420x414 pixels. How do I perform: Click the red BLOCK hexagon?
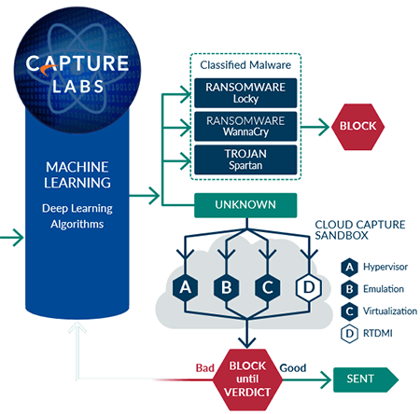[x=357, y=127]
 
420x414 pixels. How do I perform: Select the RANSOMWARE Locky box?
[x=245, y=93]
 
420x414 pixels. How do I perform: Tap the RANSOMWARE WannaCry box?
[x=245, y=127]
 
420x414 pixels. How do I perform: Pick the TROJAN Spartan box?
[x=245, y=159]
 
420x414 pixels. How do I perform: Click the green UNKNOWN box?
[x=245, y=205]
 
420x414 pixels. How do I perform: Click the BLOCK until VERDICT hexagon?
[x=247, y=379]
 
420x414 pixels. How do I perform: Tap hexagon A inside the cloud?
[x=186, y=287]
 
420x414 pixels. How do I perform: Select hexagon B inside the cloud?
[x=227, y=287]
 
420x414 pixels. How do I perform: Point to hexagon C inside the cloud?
[x=268, y=287]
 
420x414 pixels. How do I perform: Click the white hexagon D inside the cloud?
[x=309, y=287]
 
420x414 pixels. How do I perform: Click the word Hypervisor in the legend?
[x=385, y=267]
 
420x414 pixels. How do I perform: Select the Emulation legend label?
[x=384, y=289]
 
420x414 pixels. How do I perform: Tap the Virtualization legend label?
[x=390, y=311]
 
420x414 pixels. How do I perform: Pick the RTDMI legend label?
[x=378, y=333]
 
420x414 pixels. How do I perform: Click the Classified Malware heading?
[x=245, y=65]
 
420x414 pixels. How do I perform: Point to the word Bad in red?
[x=205, y=368]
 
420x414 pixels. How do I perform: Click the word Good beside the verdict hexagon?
[x=293, y=368]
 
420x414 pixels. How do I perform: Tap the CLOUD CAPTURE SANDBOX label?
[x=360, y=229]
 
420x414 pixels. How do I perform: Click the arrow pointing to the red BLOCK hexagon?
[x=314, y=127]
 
